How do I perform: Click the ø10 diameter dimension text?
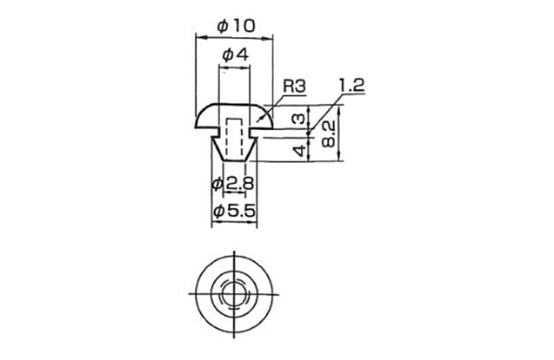235,26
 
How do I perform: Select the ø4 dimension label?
235,56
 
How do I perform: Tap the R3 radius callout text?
294,85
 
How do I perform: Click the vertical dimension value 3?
298,119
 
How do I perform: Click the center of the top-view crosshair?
235,294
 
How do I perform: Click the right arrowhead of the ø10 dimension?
273,37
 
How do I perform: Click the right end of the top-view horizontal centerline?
280,294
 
